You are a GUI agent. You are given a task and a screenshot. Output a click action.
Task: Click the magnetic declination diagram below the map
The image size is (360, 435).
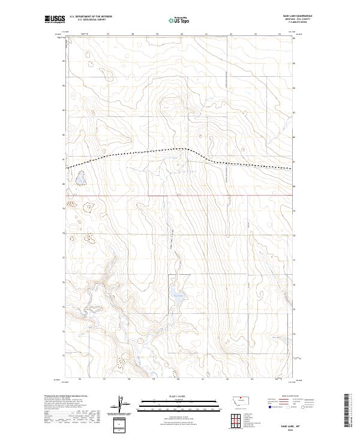point(122,405)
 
